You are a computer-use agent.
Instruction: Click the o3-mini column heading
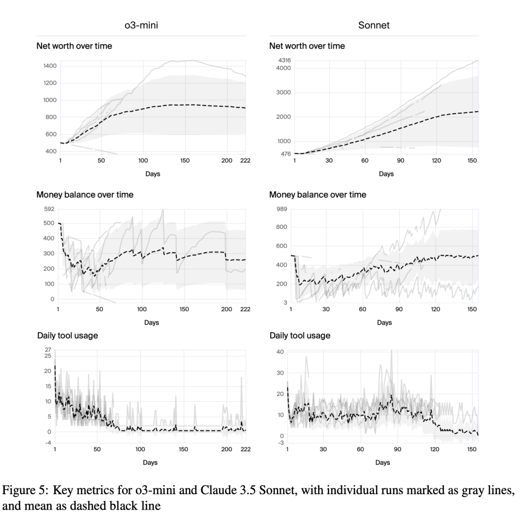click(x=141, y=25)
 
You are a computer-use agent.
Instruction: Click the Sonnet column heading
click(x=374, y=25)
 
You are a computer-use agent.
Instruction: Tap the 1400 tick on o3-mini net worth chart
click(x=50, y=66)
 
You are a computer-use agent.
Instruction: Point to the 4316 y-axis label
click(x=285, y=60)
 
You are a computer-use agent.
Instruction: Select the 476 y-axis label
click(x=286, y=154)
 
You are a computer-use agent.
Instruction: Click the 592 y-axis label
click(x=49, y=209)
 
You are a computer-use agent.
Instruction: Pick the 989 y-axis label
click(x=282, y=209)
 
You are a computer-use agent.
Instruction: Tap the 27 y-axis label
click(x=48, y=350)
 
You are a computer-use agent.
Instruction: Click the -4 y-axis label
click(x=48, y=443)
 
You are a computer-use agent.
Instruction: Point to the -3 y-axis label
click(x=281, y=443)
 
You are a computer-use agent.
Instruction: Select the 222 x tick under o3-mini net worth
click(x=246, y=161)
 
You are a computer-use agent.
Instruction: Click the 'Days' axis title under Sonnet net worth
click(x=386, y=174)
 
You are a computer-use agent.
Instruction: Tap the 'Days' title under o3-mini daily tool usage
click(x=150, y=462)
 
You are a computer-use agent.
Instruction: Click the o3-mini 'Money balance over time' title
click(x=85, y=195)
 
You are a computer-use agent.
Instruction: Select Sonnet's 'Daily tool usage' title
click(x=300, y=336)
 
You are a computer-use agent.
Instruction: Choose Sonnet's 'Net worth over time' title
click(x=307, y=46)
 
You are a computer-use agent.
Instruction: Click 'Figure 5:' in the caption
click(x=26, y=490)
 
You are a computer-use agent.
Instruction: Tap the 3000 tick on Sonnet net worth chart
click(x=283, y=93)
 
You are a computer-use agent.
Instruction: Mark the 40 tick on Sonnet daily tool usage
click(x=280, y=352)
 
